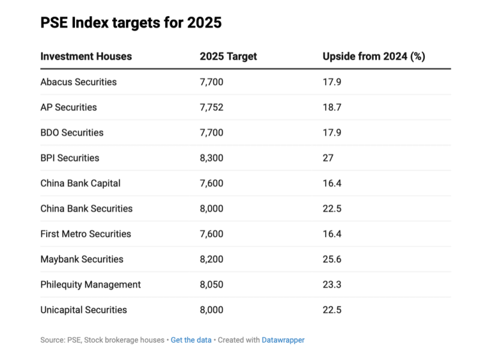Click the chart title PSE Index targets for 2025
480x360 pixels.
(x=131, y=23)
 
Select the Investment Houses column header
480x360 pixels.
(x=86, y=56)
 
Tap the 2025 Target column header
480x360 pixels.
(x=228, y=56)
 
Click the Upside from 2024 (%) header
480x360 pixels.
(x=373, y=56)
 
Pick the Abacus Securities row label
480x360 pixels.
(x=79, y=82)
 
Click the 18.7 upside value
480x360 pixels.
(x=332, y=107)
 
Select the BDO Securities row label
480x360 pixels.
(x=72, y=133)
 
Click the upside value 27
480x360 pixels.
(x=328, y=158)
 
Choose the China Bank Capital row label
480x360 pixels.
(x=80, y=183)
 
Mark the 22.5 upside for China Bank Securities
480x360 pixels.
(x=332, y=209)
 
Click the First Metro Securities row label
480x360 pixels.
(x=86, y=234)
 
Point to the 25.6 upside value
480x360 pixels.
(x=332, y=259)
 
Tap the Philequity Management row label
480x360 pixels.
(x=91, y=284)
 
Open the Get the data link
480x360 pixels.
(x=191, y=340)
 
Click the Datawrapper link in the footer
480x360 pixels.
(x=283, y=340)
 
